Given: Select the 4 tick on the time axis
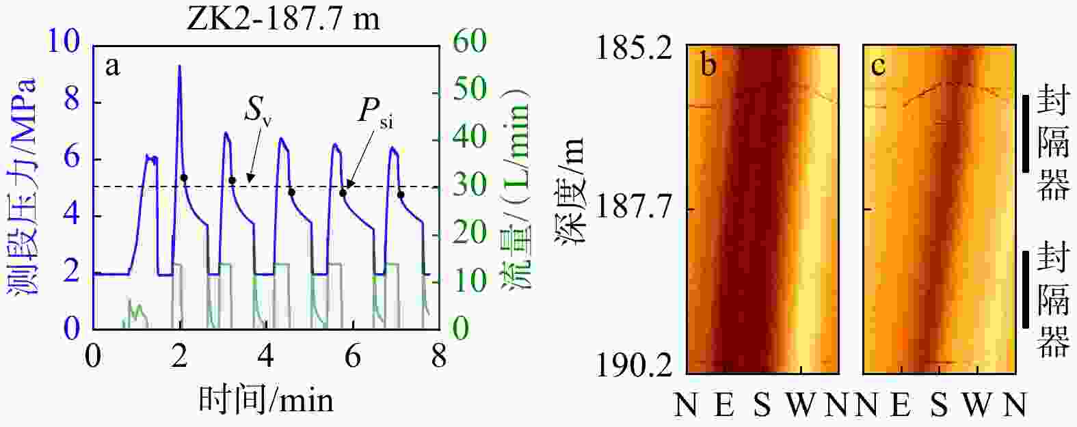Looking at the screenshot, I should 266,357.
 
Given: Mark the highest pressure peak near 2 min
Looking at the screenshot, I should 179,66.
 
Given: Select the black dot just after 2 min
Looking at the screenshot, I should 183,178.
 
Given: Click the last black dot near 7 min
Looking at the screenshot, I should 401,195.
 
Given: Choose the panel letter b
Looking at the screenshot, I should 708,66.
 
